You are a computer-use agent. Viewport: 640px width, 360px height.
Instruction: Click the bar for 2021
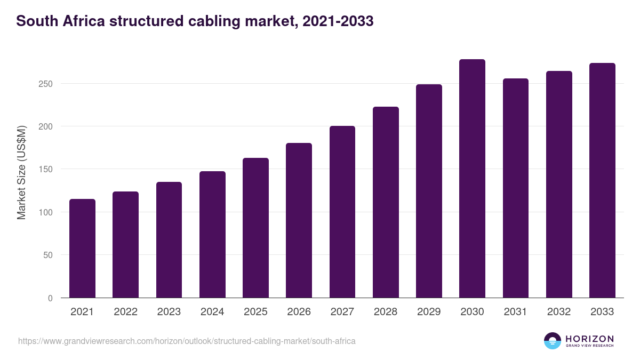coord(82,249)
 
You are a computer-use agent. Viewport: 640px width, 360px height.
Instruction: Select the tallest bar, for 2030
coord(472,179)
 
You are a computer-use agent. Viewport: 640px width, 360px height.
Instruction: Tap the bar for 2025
coord(255,228)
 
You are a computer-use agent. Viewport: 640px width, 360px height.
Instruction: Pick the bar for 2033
coord(602,180)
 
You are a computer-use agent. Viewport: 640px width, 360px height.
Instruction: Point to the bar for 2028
coord(386,202)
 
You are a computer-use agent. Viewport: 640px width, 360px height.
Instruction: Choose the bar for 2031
coord(515,188)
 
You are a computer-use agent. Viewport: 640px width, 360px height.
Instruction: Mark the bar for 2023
coord(169,240)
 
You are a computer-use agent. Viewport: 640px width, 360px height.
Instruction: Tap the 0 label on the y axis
coord(50,298)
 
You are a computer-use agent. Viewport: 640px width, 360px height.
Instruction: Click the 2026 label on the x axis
coord(299,312)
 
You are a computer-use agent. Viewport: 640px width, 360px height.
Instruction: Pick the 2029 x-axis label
coord(429,312)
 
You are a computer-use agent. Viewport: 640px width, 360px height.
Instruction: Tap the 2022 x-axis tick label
coord(125,312)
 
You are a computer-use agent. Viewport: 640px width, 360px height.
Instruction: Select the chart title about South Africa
coord(195,21)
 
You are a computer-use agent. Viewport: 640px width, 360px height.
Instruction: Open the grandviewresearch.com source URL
coord(187,341)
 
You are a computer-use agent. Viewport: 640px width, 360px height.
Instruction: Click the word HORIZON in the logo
coord(589,338)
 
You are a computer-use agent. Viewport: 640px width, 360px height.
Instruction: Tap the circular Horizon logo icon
coord(553,341)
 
